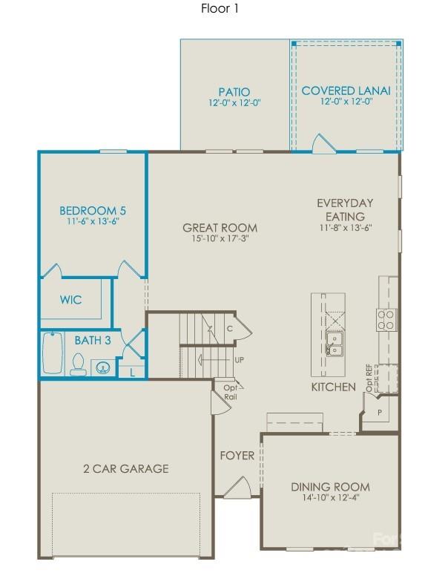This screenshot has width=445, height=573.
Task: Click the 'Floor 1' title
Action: pos(220,9)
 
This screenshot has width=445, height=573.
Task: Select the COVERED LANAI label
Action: pos(346,91)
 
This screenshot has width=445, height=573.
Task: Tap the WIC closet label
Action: pos(71,300)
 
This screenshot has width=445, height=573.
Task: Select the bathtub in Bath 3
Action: pos(53,354)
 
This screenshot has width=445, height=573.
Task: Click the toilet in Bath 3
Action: pos(77,364)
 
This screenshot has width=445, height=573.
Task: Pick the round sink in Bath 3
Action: pos(102,367)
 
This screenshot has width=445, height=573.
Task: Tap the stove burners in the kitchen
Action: pos(386,319)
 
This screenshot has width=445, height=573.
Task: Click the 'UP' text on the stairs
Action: pos(239,360)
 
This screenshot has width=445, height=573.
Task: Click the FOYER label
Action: pos(237,455)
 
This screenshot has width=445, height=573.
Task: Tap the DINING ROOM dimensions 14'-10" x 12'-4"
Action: pos(330,498)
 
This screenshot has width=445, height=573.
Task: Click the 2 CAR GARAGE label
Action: pos(125,468)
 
